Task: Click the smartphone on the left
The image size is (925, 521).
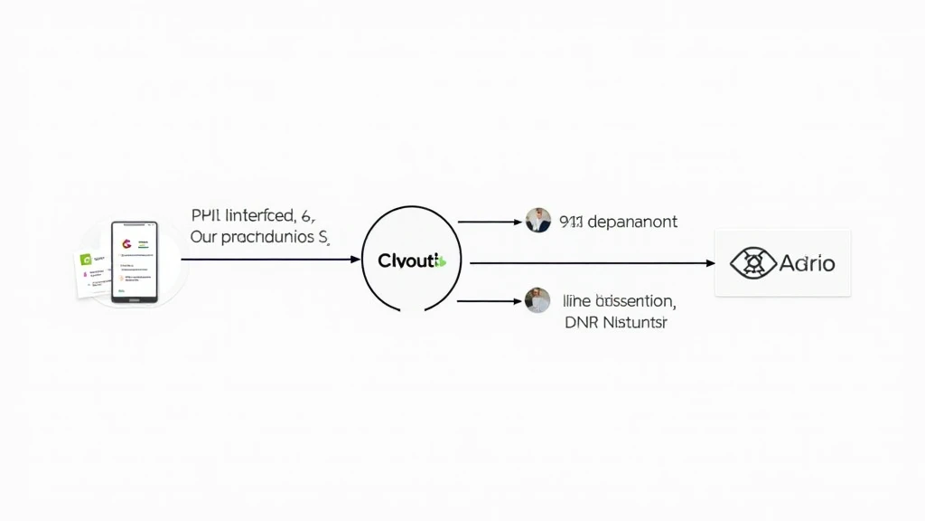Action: point(134,261)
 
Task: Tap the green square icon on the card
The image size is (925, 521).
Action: point(87,260)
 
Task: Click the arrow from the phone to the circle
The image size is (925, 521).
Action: point(271,260)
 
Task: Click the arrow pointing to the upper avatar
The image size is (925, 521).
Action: point(489,221)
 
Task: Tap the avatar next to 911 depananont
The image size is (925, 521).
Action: point(537,221)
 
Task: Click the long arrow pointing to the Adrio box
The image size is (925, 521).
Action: point(592,263)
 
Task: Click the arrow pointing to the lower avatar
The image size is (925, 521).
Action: point(489,301)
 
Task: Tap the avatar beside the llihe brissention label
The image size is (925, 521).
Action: point(537,300)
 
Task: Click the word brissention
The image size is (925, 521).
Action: point(629,300)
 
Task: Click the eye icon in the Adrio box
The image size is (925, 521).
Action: point(752,263)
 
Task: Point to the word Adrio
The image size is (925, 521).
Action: point(807,263)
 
